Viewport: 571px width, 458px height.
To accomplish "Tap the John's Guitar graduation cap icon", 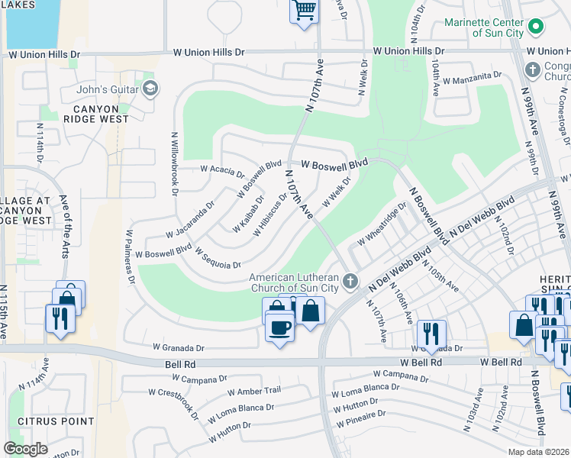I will click(150, 89).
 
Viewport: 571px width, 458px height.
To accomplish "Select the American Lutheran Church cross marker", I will click(350, 282).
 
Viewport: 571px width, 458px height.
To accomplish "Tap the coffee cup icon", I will click(279, 328).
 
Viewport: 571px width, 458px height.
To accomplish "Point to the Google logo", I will click(26, 448).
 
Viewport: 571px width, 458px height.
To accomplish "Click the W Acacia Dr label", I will click(222, 169).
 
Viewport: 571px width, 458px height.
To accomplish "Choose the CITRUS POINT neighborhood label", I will click(61, 421).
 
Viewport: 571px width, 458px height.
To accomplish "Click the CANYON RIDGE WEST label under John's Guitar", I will click(101, 114).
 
